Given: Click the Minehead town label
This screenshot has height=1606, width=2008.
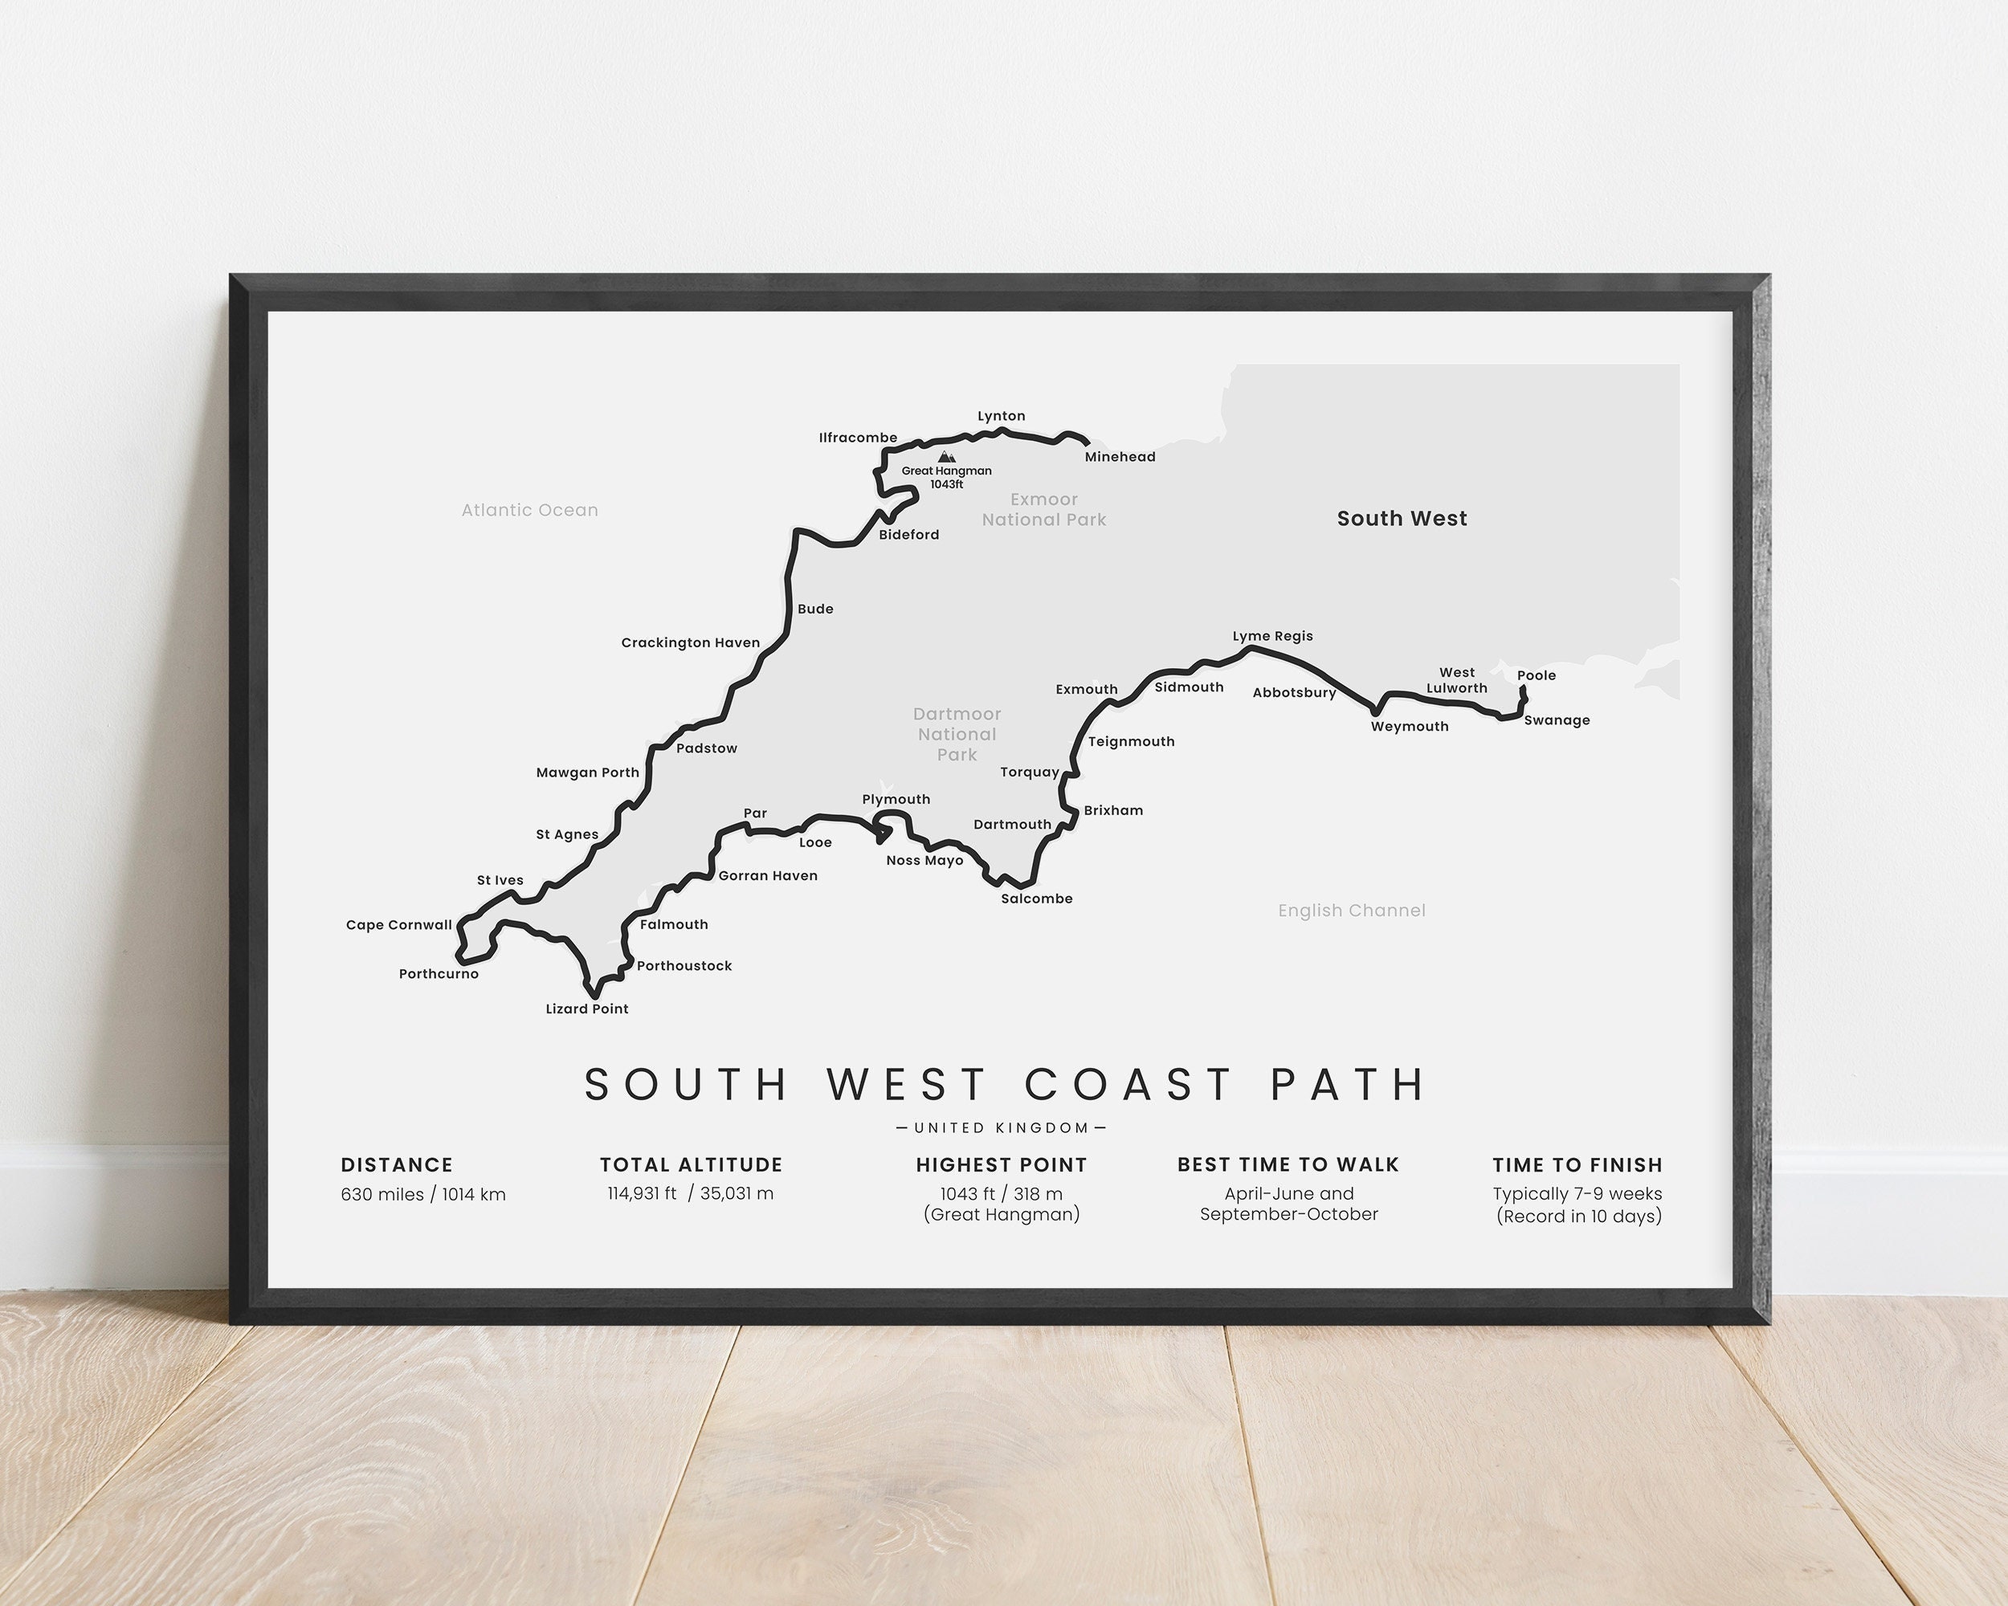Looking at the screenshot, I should point(1120,457).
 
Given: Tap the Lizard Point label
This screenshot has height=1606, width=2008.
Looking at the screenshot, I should point(587,1009).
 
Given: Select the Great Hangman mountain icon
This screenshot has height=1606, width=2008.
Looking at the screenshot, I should point(946,457).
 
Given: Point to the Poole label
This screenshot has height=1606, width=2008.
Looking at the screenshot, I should point(1536,676).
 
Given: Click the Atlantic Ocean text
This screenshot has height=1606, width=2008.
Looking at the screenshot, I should point(530,510).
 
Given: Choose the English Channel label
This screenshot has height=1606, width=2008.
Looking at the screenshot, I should point(1352,911).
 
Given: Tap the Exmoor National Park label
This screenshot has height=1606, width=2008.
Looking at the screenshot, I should point(1043,510).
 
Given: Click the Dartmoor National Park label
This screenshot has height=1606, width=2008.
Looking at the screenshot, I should point(957,735).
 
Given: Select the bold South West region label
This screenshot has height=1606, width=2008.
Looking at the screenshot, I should point(1402,519).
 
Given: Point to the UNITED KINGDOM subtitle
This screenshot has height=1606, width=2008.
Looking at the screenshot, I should point(1002,1128).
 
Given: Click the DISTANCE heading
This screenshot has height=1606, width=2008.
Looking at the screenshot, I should point(397,1164).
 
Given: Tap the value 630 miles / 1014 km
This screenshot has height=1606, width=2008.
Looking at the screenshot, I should point(422,1195).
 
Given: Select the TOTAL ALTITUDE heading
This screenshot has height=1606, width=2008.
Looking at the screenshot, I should point(691,1164).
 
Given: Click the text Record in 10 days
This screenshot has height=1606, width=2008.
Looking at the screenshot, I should point(1578,1217).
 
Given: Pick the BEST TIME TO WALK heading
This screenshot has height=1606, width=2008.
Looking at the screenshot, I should point(1288,1164).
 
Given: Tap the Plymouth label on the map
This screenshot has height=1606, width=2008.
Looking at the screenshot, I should point(896,800).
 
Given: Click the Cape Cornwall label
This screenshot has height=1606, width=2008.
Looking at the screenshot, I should point(398,925).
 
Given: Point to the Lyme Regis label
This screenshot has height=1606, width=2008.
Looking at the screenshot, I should point(1272,637).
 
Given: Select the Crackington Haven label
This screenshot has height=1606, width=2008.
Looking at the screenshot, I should point(690,643).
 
